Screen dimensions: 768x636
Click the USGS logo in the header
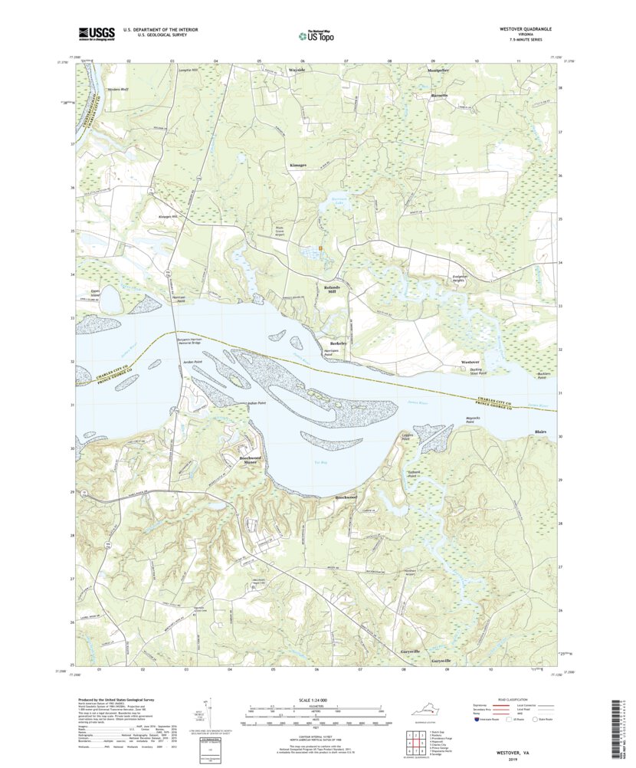[96, 33]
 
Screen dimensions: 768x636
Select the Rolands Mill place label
[332, 289]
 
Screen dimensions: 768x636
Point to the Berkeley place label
[338, 343]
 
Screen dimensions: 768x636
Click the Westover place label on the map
[470, 361]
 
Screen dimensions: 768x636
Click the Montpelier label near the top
[438, 70]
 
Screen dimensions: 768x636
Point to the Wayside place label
[297, 70]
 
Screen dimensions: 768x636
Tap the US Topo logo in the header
[315, 34]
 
